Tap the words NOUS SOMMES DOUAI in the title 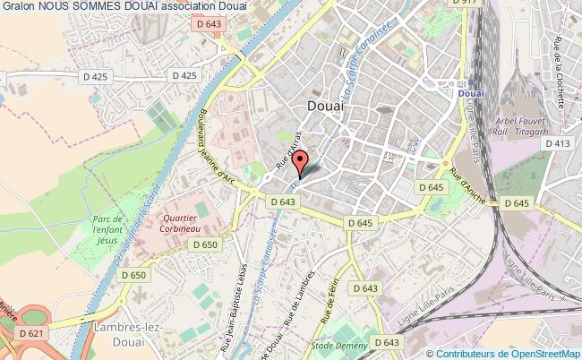[x=86, y=8]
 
